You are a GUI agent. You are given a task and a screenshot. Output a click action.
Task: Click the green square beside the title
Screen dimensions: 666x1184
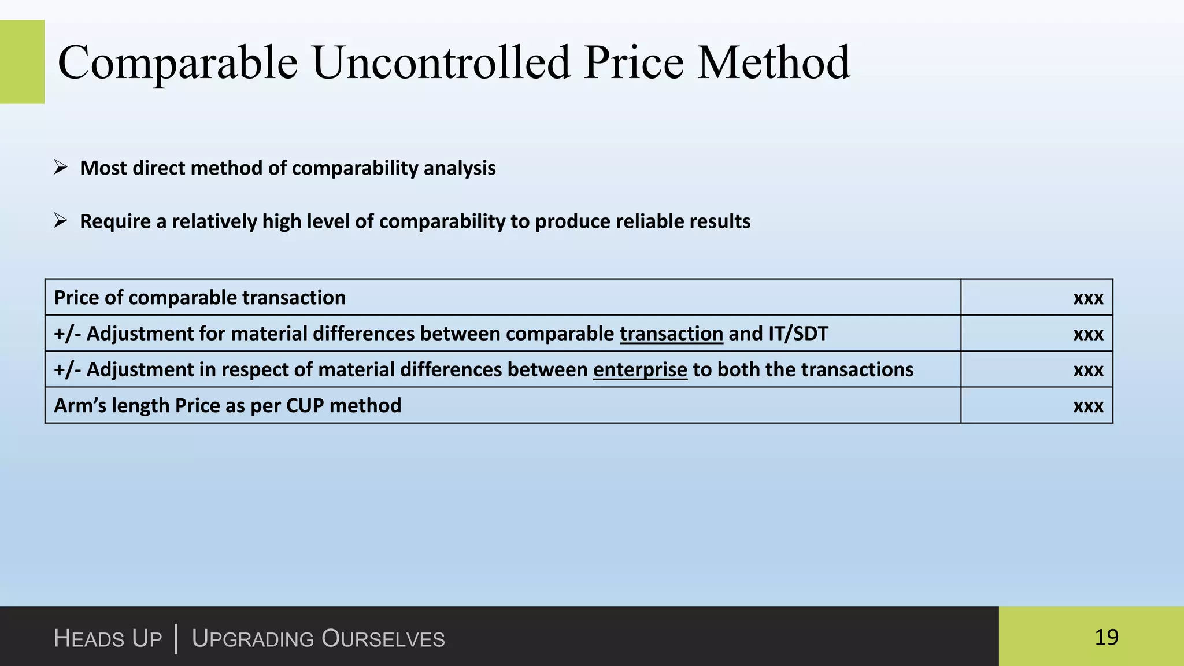tap(22, 62)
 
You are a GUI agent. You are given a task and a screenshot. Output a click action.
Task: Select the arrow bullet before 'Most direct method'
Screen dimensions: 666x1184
tap(61, 168)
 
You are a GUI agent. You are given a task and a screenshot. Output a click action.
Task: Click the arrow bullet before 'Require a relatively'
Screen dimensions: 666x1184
tap(61, 220)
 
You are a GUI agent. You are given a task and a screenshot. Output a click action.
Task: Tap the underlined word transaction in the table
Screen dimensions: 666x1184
tap(671, 334)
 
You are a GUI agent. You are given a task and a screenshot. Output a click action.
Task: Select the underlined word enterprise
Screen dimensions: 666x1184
tap(640, 370)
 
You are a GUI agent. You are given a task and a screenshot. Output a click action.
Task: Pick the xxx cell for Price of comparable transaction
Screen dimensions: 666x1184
tap(1088, 298)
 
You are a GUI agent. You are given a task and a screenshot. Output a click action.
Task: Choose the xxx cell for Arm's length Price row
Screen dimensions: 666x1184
tap(1088, 406)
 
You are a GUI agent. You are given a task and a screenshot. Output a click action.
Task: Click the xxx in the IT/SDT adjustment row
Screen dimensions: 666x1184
tap(1088, 334)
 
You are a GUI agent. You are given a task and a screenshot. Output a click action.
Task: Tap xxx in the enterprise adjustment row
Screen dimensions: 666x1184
tap(1088, 370)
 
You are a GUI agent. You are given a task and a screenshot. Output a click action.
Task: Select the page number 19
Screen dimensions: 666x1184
tap(1106, 637)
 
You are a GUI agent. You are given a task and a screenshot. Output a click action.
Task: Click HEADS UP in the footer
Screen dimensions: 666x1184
tap(108, 639)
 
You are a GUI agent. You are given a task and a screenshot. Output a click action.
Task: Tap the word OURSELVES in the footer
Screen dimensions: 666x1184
tap(383, 639)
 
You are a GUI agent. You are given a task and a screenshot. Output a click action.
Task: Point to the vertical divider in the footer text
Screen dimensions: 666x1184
tap(176, 638)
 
